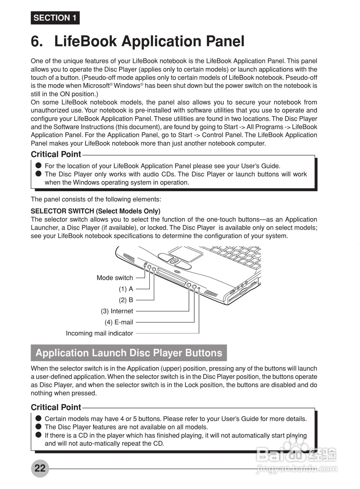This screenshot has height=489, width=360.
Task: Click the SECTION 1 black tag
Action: click(x=55, y=18)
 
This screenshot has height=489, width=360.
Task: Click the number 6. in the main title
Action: click(x=37, y=41)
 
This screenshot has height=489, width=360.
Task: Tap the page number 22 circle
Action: click(x=40, y=468)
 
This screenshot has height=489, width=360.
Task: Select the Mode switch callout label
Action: click(x=115, y=278)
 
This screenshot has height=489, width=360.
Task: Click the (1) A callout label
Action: click(x=126, y=289)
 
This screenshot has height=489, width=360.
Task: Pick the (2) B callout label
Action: click(x=126, y=300)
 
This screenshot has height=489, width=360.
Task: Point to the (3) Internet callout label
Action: click(x=117, y=311)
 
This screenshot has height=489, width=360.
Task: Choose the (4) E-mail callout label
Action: click(x=119, y=322)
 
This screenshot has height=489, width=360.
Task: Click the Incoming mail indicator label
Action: click(x=99, y=333)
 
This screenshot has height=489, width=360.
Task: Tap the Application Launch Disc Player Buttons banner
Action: click(x=129, y=353)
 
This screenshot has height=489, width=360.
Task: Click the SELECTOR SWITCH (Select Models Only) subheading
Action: click(x=95, y=211)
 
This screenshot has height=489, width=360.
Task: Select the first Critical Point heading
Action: click(x=56, y=154)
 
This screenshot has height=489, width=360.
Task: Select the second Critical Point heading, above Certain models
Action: click(x=56, y=407)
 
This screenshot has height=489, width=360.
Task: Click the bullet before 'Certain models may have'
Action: click(x=38, y=418)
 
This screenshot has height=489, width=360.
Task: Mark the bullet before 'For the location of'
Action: click(x=38, y=165)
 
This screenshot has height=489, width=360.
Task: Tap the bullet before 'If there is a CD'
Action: click(x=38, y=435)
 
